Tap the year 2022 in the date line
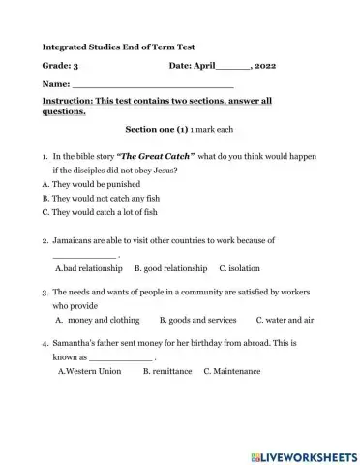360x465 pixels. click(x=266, y=66)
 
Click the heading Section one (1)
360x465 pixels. click(x=157, y=129)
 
